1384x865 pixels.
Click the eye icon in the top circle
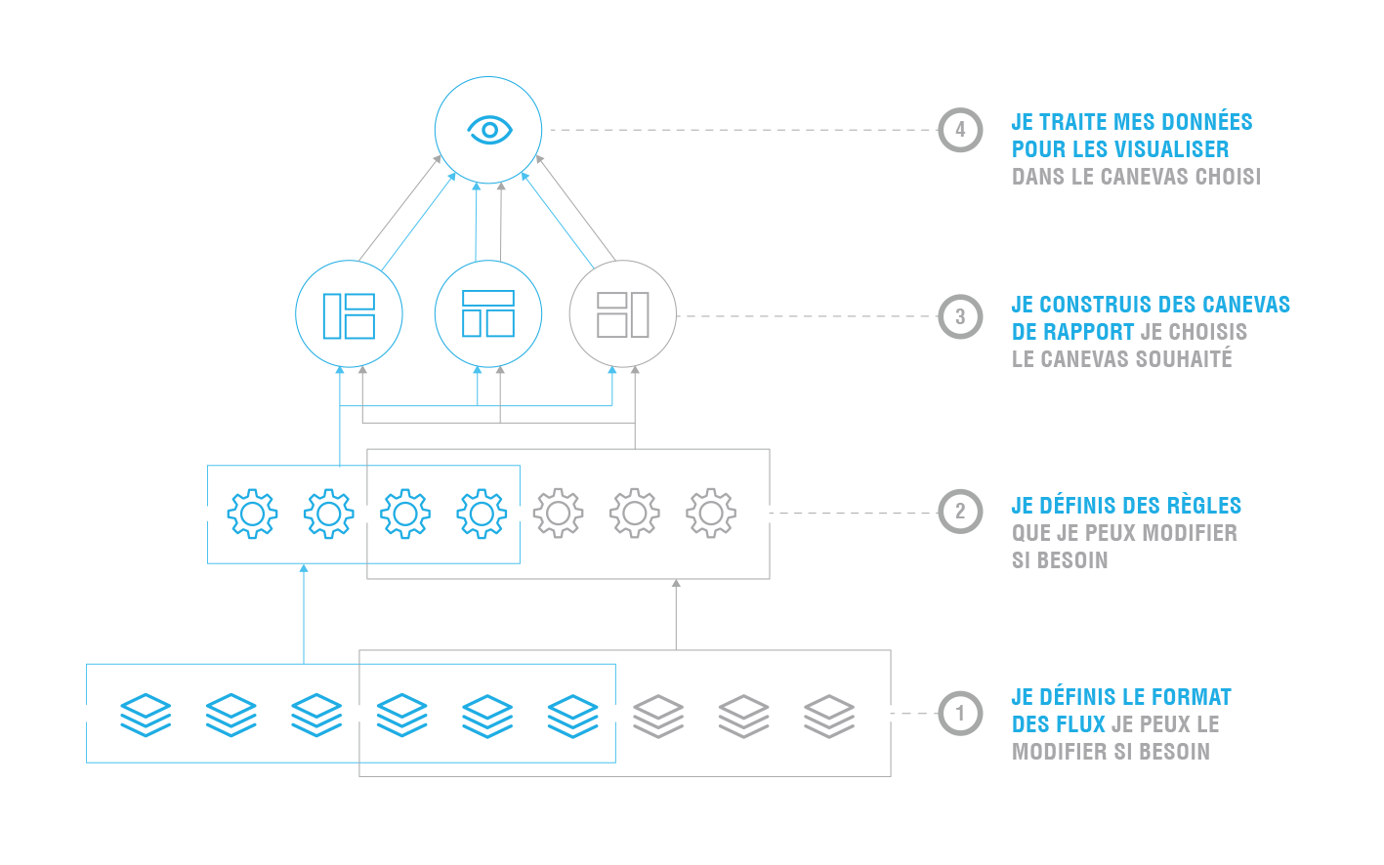click(488, 130)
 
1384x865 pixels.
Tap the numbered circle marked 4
click(960, 130)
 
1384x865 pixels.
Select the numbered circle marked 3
click(960, 316)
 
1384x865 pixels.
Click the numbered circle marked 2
click(960, 513)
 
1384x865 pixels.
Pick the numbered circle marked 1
click(960, 714)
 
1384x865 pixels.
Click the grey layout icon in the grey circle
click(623, 314)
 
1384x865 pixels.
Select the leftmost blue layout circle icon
click(349, 314)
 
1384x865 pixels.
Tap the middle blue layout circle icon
click(487, 314)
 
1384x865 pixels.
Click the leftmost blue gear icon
click(252, 514)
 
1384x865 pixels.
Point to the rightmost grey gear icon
click(711, 514)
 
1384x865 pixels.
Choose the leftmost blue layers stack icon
click(146, 715)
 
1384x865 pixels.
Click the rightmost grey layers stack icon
click(829, 715)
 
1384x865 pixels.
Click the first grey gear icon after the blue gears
click(558, 514)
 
